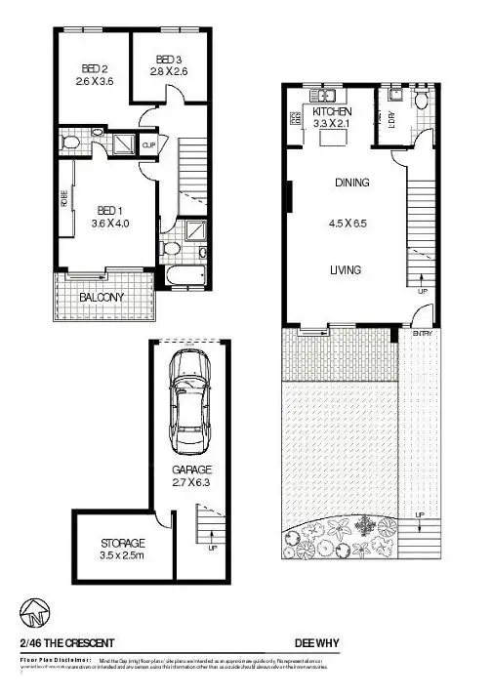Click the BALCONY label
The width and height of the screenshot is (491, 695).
pyautogui.click(x=102, y=297)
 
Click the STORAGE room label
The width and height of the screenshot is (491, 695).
pyautogui.click(x=123, y=543)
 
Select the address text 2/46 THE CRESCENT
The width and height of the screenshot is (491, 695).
pyautogui.click(x=66, y=643)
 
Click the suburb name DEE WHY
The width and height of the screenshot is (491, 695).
pyautogui.click(x=318, y=643)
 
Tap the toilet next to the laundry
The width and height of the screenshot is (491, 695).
pyautogui.click(x=422, y=101)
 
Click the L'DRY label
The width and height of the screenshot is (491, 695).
pyautogui.click(x=391, y=119)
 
